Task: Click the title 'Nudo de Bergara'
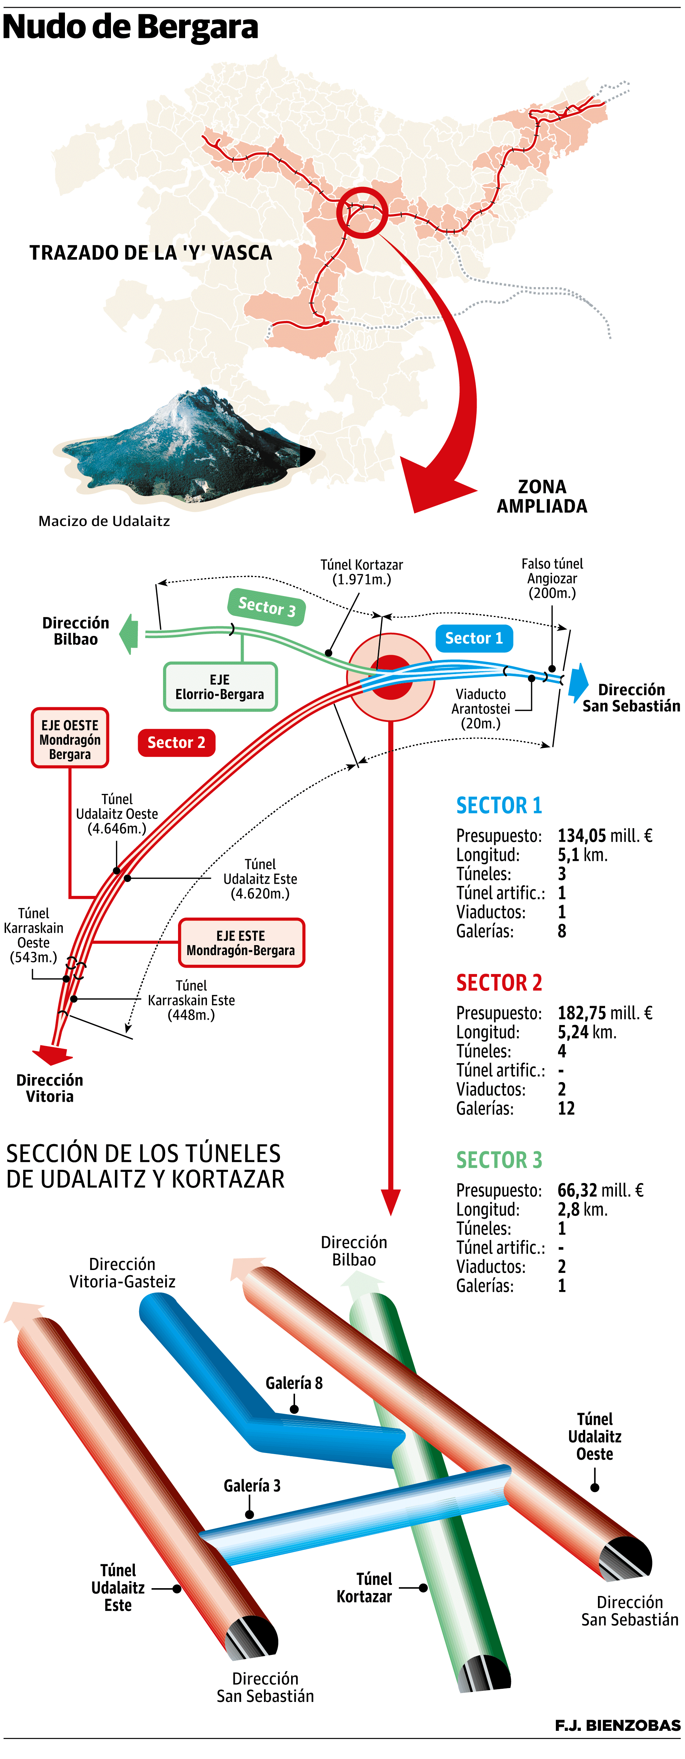tap(131, 28)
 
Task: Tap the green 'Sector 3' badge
tap(267, 606)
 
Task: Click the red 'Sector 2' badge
tap(176, 742)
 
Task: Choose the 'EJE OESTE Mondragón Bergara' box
tap(70, 739)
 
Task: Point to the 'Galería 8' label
tap(294, 1383)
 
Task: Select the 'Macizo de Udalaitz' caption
tap(104, 521)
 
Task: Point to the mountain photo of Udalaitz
tap(184, 447)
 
